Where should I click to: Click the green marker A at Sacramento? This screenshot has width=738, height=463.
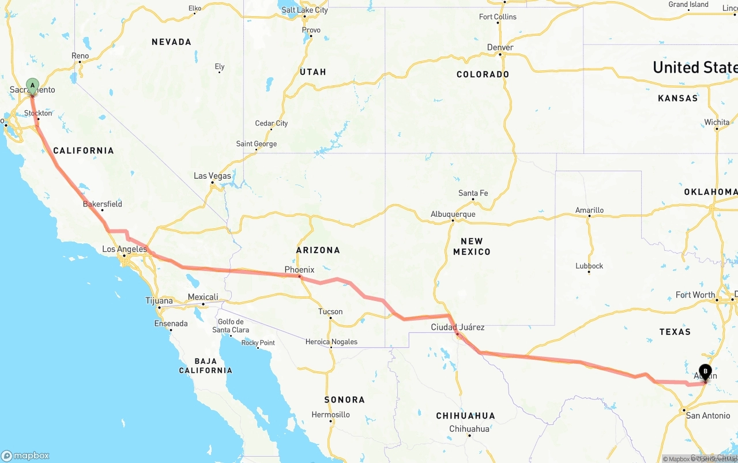click(x=32, y=86)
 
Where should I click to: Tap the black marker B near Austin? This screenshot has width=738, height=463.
click(x=705, y=372)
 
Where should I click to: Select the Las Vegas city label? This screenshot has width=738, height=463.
click(x=212, y=176)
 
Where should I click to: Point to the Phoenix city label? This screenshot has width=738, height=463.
click(x=299, y=269)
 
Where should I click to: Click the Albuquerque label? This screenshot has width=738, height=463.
click(x=453, y=214)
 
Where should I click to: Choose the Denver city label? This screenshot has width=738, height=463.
click(x=500, y=47)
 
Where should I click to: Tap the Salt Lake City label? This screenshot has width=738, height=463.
click(x=304, y=10)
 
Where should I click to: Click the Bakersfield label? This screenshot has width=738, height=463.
click(x=102, y=204)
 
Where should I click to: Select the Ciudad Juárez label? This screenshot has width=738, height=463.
click(x=458, y=328)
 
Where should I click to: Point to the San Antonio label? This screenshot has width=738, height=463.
click(x=707, y=416)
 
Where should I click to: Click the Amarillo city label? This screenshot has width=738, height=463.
click(x=589, y=210)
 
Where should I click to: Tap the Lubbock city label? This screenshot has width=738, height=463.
click(x=589, y=266)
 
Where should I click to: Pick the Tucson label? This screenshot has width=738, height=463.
click(x=330, y=312)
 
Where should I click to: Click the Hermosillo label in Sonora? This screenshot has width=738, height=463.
click(x=330, y=415)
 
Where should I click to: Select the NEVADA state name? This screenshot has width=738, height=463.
click(x=171, y=42)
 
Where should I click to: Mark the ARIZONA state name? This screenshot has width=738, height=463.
click(x=318, y=250)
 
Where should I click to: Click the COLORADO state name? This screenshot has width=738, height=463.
click(x=483, y=74)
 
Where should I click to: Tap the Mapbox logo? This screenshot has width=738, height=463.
click(x=25, y=456)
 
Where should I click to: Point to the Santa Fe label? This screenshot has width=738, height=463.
click(x=473, y=193)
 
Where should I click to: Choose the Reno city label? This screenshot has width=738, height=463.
click(x=80, y=56)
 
